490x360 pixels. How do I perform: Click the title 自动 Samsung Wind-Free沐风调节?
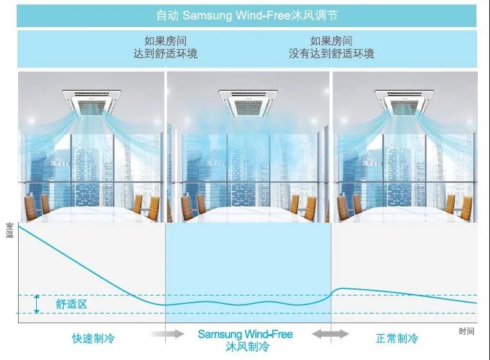tap(247, 15)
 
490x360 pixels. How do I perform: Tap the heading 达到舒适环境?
tap(165, 54)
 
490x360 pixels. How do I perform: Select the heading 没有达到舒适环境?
tap(331, 54)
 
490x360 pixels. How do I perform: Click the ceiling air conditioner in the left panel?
tap(92, 103)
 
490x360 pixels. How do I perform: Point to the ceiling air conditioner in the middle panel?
tap(248, 103)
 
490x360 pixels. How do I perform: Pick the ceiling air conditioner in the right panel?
tap(404, 103)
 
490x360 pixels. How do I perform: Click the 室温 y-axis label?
tap(10, 230)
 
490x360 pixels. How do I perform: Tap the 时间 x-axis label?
tap(467, 331)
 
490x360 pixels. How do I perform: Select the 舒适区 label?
tap(72, 304)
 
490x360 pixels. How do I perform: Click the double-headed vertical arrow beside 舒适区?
tap(37, 304)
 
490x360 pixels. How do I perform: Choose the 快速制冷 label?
tap(93, 338)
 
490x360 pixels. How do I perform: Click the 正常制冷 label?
tap(397, 338)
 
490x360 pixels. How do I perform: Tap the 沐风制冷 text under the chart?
tap(247, 346)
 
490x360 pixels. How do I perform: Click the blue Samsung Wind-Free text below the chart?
tap(245, 334)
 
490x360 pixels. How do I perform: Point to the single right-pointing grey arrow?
tap(167, 334)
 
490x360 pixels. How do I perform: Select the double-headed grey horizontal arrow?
tap(330, 334)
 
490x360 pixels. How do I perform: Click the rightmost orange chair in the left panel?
tap(153, 208)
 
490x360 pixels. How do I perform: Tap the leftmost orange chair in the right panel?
tap(344, 206)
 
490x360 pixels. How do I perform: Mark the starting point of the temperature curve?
tap(19, 226)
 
